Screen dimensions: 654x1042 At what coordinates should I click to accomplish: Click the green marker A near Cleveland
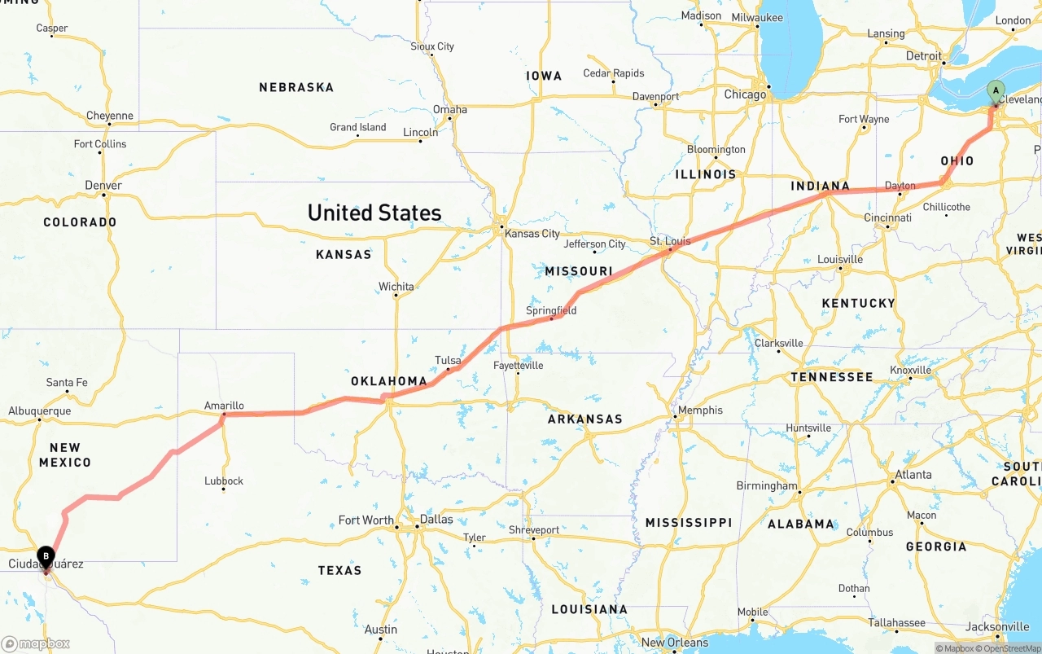[995, 91]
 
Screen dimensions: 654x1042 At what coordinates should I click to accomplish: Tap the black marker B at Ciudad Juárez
[46, 557]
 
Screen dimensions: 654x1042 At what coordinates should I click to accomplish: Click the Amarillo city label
[224, 406]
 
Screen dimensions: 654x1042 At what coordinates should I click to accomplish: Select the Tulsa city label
[448, 360]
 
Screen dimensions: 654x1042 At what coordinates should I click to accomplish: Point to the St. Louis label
[670, 241]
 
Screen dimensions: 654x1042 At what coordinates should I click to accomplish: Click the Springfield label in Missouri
[551, 310]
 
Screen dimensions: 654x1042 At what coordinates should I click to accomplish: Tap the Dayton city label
[900, 186]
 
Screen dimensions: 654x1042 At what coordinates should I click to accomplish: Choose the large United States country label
[374, 213]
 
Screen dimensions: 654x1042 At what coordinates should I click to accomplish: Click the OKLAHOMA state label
[389, 381]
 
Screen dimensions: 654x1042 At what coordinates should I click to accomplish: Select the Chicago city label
[745, 94]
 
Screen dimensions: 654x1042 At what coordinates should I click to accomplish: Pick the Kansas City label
[532, 234]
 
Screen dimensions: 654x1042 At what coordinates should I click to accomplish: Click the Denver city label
[103, 186]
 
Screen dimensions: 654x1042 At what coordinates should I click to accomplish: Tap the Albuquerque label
[40, 411]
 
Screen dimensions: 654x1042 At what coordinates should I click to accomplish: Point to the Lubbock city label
[224, 481]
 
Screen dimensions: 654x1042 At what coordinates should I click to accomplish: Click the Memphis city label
[700, 410]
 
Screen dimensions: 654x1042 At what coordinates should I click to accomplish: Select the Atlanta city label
[913, 474]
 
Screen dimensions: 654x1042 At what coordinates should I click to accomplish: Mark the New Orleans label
[675, 642]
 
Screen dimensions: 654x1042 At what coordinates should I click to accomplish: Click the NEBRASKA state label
[296, 87]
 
